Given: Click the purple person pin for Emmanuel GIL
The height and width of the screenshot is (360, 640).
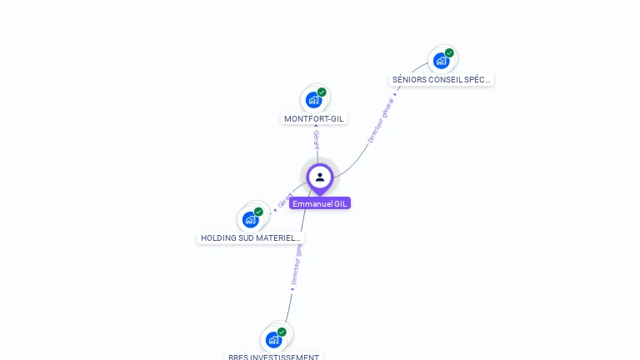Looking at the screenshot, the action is click(320, 177).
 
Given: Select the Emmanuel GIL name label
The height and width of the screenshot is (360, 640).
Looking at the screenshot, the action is click(320, 203).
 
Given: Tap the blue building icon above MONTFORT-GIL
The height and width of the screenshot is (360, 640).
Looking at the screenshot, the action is click(313, 100).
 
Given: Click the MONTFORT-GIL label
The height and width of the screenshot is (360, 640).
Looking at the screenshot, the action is click(313, 119).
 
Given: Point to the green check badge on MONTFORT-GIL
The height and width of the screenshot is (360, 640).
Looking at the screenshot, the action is click(322, 92).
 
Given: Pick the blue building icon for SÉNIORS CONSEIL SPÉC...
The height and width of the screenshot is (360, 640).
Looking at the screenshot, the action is click(441, 61).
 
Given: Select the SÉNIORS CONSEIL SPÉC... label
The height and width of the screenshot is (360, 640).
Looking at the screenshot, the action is click(442, 80).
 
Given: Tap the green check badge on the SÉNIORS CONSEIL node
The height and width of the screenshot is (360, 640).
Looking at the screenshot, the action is click(449, 53).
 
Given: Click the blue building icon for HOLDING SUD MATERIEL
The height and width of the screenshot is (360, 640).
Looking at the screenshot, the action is click(250, 219).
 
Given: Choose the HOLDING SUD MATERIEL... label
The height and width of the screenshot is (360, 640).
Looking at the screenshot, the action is click(250, 238).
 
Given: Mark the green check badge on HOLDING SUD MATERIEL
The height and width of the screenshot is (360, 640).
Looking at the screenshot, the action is click(258, 212).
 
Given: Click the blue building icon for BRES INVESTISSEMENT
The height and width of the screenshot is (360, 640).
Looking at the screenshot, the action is click(273, 339).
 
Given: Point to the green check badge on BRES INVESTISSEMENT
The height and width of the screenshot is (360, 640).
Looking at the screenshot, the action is click(282, 332).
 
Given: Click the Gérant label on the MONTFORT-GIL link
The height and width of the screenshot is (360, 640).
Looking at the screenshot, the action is click(317, 139).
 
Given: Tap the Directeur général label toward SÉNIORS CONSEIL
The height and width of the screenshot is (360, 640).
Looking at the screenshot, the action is click(380, 119).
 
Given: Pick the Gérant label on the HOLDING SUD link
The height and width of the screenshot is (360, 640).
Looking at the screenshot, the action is click(285, 201).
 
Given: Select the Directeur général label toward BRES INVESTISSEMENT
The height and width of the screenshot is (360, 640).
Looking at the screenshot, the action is click(297, 265).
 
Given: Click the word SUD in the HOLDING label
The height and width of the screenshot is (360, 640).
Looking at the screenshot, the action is click(243, 238).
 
